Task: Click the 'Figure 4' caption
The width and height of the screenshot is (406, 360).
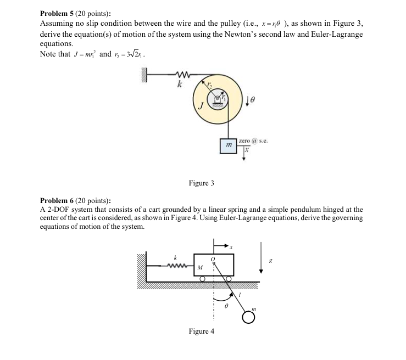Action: point(202,331)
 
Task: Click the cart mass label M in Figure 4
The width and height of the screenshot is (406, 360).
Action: point(200,267)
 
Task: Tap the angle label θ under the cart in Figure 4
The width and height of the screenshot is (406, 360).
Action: point(226,309)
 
